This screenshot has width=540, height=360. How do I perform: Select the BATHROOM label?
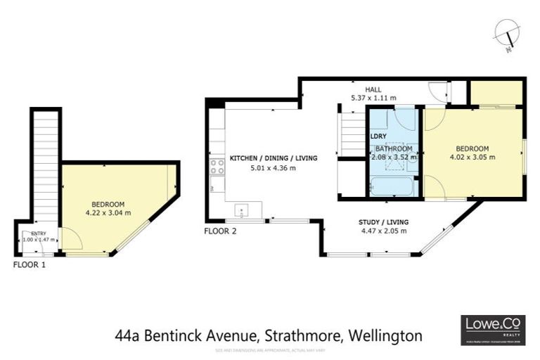(394, 148)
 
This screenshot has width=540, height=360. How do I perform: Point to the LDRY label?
(378, 135)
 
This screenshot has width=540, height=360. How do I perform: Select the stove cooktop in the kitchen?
(217, 167)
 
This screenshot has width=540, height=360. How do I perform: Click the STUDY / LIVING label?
(385, 222)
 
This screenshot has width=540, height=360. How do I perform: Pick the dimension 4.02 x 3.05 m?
(472, 157)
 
